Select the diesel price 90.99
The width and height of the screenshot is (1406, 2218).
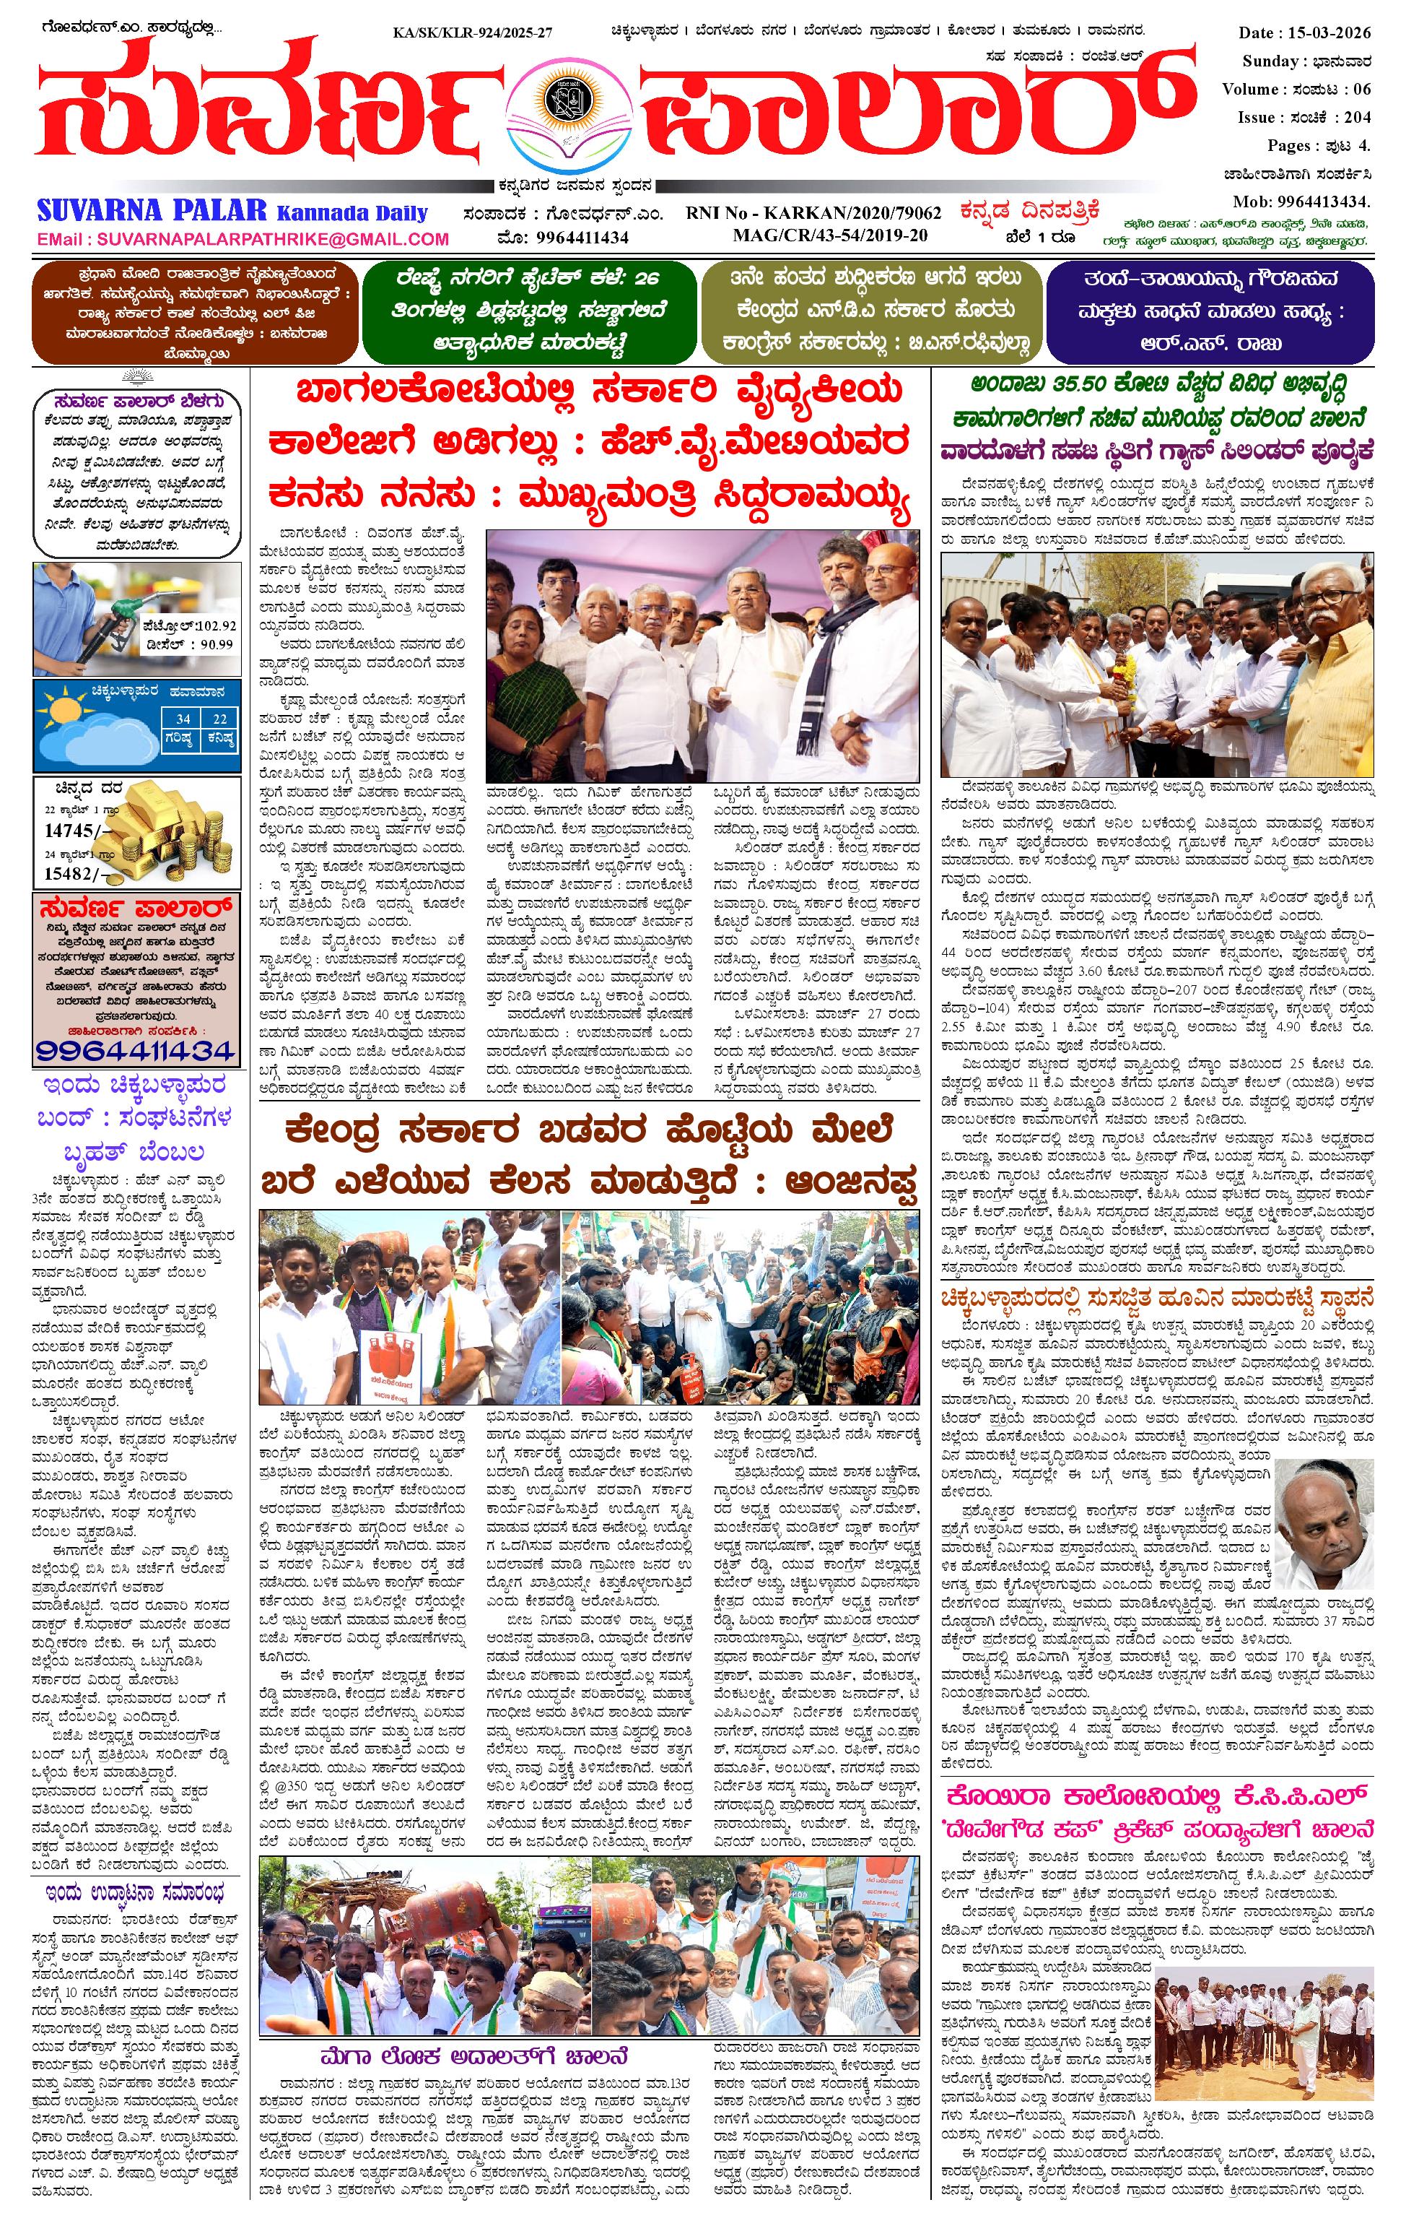[x=217, y=644]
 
